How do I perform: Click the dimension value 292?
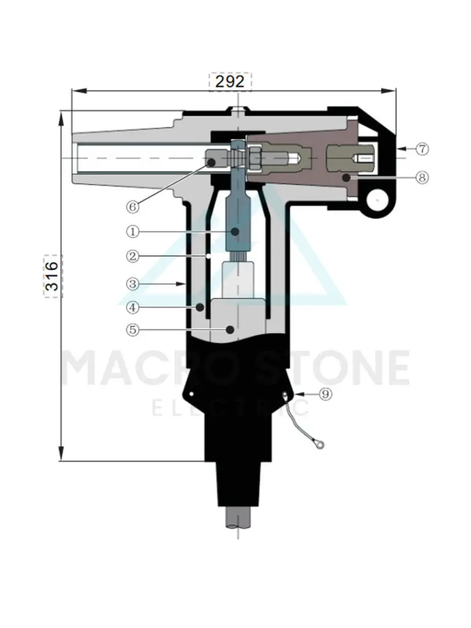click(x=230, y=82)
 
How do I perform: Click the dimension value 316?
click(x=53, y=276)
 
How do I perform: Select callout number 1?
click(x=133, y=231)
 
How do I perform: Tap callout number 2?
click(x=133, y=256)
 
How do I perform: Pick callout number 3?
click(x=133, y=284)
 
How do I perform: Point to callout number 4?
click(x=133, y=308)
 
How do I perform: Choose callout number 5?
click(x=133, y=330)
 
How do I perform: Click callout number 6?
click(x=133, y=207)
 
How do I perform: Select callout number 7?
click(x=422, y=149)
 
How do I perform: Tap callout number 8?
click(x=422, y=177)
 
